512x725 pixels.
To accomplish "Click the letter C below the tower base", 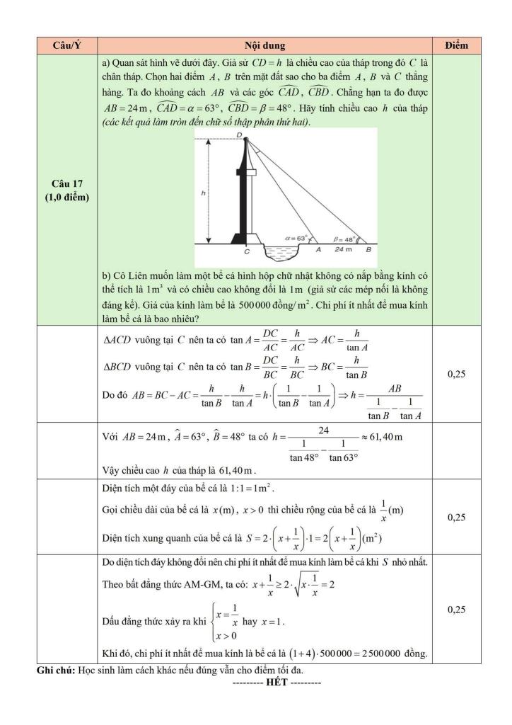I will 246,251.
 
